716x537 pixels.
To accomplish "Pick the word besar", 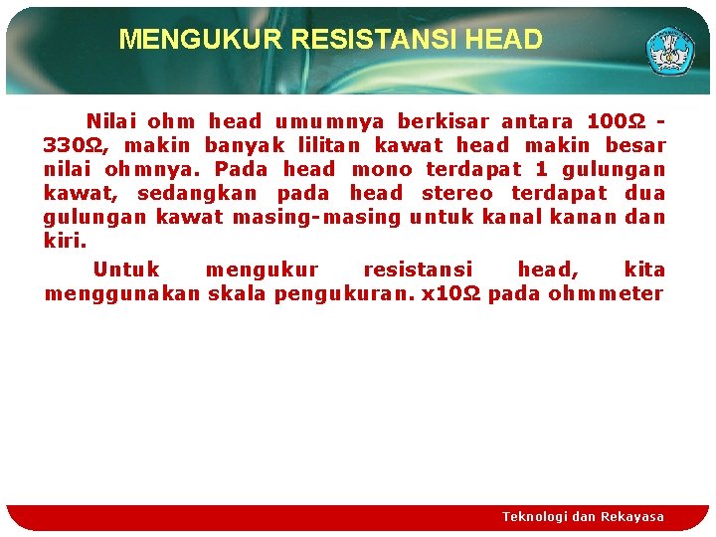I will [x=634, y=146].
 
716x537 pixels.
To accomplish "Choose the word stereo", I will [x=456, y=194].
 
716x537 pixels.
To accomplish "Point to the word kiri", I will [x=65, y=242].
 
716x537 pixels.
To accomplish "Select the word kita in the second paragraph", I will [x=644, y=269].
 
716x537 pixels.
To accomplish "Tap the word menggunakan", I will [x=122, y=293].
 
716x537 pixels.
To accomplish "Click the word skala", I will [x=237, y=293].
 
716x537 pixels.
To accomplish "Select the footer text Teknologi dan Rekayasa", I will [x=583, y=517].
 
